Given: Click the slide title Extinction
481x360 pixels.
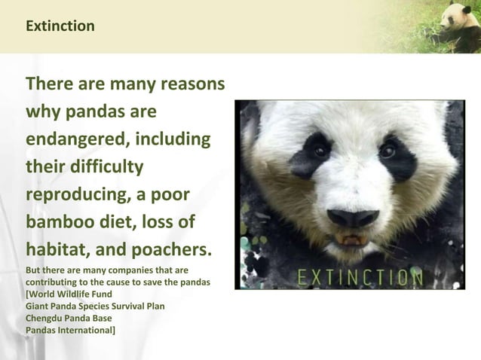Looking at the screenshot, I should (x=60, y=26).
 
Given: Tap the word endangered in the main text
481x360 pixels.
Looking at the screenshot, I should (x=75, y=140).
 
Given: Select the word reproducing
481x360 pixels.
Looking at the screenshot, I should (x=74, y=194).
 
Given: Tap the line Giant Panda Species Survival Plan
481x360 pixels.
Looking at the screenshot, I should (x=95, y=306).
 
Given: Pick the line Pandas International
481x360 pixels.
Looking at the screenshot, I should (x=70, y=330).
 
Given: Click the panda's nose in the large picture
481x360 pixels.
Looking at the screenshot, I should (x=353, y=218).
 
